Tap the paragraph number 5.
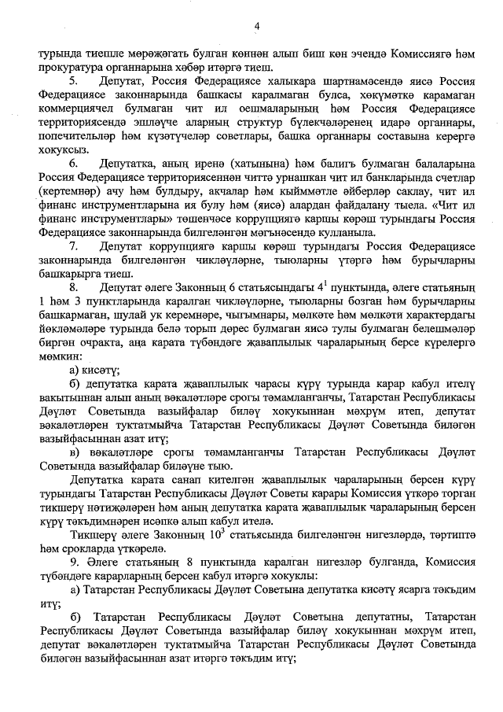73,81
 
